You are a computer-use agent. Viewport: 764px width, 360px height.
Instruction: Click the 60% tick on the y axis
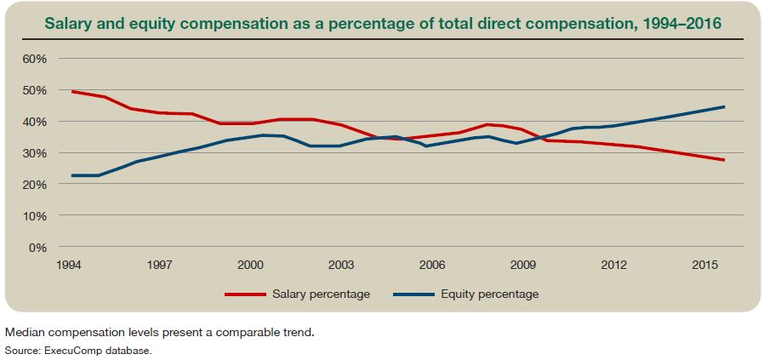tap(34, 59)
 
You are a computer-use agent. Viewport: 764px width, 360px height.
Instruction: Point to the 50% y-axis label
tap(34, 90)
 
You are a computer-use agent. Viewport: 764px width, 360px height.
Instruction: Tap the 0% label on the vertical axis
tap(37, 248)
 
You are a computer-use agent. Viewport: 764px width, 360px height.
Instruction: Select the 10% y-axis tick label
tap(34, 216)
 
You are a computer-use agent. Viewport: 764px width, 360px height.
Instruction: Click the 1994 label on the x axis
tap(69, 265)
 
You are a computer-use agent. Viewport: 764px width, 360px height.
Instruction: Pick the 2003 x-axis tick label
tap(340, 265)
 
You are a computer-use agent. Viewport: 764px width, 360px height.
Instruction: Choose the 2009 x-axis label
tap(522, 265)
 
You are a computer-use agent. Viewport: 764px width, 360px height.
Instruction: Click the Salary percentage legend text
tap(321, 294)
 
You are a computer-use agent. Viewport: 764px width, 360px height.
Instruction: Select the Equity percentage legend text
tap(489, 294)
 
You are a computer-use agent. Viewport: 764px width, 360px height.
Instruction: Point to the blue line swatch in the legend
tap(414, 294)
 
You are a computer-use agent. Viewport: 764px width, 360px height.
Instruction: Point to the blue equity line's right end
tap(724, 106)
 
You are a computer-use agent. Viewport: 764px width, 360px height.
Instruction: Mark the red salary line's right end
tap(724, 160)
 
